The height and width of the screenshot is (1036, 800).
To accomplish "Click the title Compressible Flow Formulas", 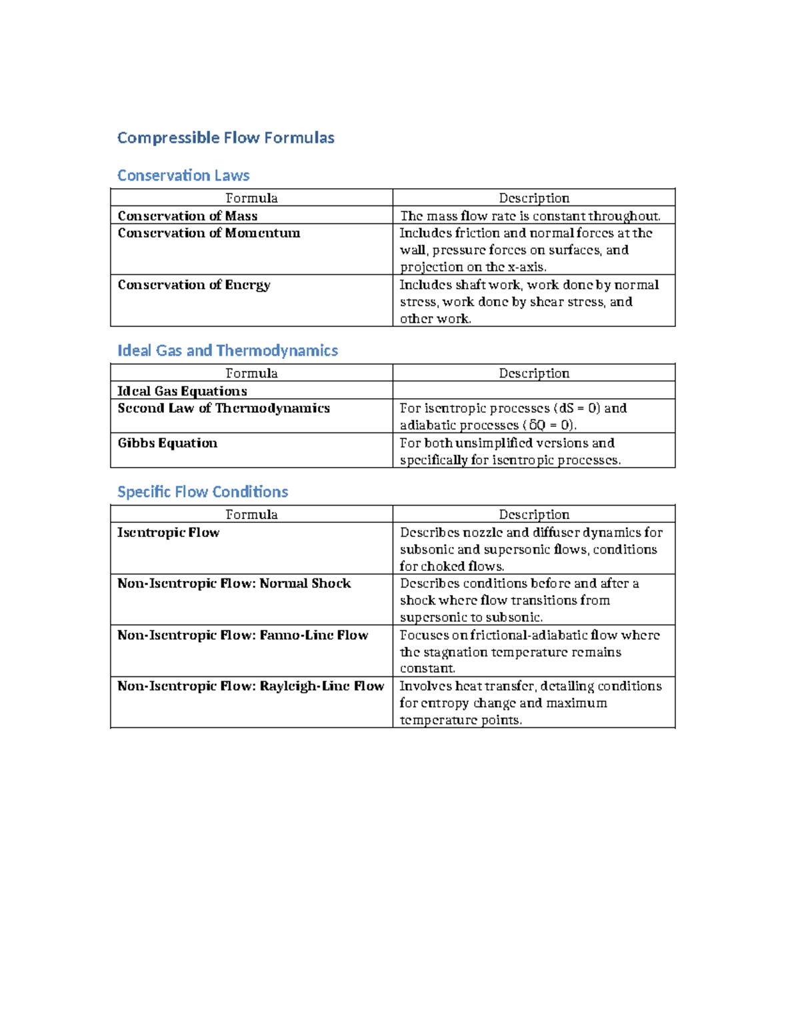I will pyautogui.click(x=225, y=138).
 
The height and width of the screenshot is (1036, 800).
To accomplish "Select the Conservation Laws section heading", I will pyautogui.click(x=183, y=175).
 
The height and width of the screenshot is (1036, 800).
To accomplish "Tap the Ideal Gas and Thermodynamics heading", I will pyautogui.click(x=227, y=351).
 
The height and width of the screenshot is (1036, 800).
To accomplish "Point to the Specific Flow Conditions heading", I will pyautogui.click(x=203, y=492).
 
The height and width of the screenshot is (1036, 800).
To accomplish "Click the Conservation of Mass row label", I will pyautogui.click(x=187, y=215).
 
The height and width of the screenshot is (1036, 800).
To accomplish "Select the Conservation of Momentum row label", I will pyautogui.click(x=209, y=233).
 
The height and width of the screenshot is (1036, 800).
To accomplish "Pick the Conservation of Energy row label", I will pyautogui.click(x=194, y=285).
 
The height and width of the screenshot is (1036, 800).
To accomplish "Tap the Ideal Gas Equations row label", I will pyautogui.click(x=182, y=391).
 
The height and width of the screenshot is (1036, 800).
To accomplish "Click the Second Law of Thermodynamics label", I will pyautogui.click(x=223, y=408).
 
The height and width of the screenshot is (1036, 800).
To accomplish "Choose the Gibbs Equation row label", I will pyautogui.click(x=167, y=443).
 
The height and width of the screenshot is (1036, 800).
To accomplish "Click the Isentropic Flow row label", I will pyautogui.click(x=168, y=532).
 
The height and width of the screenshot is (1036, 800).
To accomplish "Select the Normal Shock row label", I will pyautogui.click(x=234, y=584).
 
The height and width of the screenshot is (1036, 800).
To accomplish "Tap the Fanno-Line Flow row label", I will pyautogui.click(x=243, y=635).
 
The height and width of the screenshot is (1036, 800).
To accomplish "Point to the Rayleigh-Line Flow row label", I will pyautogui.click(x=251, y=686).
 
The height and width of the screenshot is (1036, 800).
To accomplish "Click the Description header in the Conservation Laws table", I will pyautogui.click(x=534, y=198).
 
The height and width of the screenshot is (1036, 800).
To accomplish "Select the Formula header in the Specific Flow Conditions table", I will pyautogui.click(x=251, y=514).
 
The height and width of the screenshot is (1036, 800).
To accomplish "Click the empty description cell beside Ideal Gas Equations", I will pyautogui.click(x=534, y=391).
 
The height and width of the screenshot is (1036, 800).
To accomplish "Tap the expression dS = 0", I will pyautogui.click(x=577, y=408).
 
